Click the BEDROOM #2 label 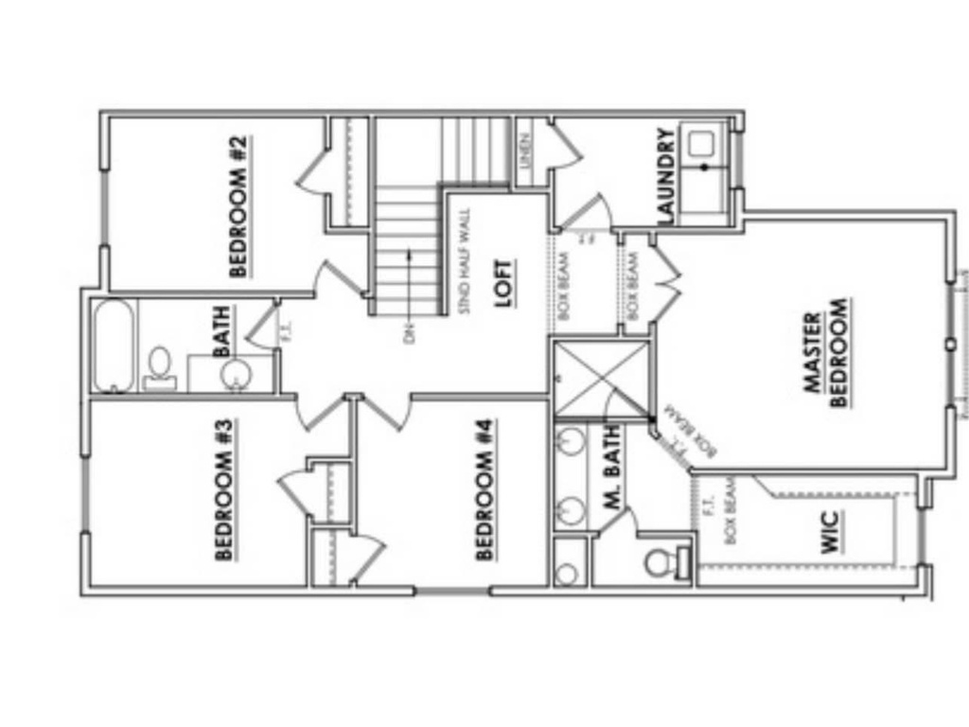click(238, 206)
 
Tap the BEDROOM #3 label click(224, 489)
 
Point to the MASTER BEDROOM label click(825, 353)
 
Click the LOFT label click(503, 283)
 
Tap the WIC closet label click(830, 532)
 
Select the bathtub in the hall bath click(114, 346)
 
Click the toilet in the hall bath click(159, 367)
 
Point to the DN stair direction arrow click(409, 284)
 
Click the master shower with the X click(601, 379)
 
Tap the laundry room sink click(701, 145)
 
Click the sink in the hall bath click(234, 375)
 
